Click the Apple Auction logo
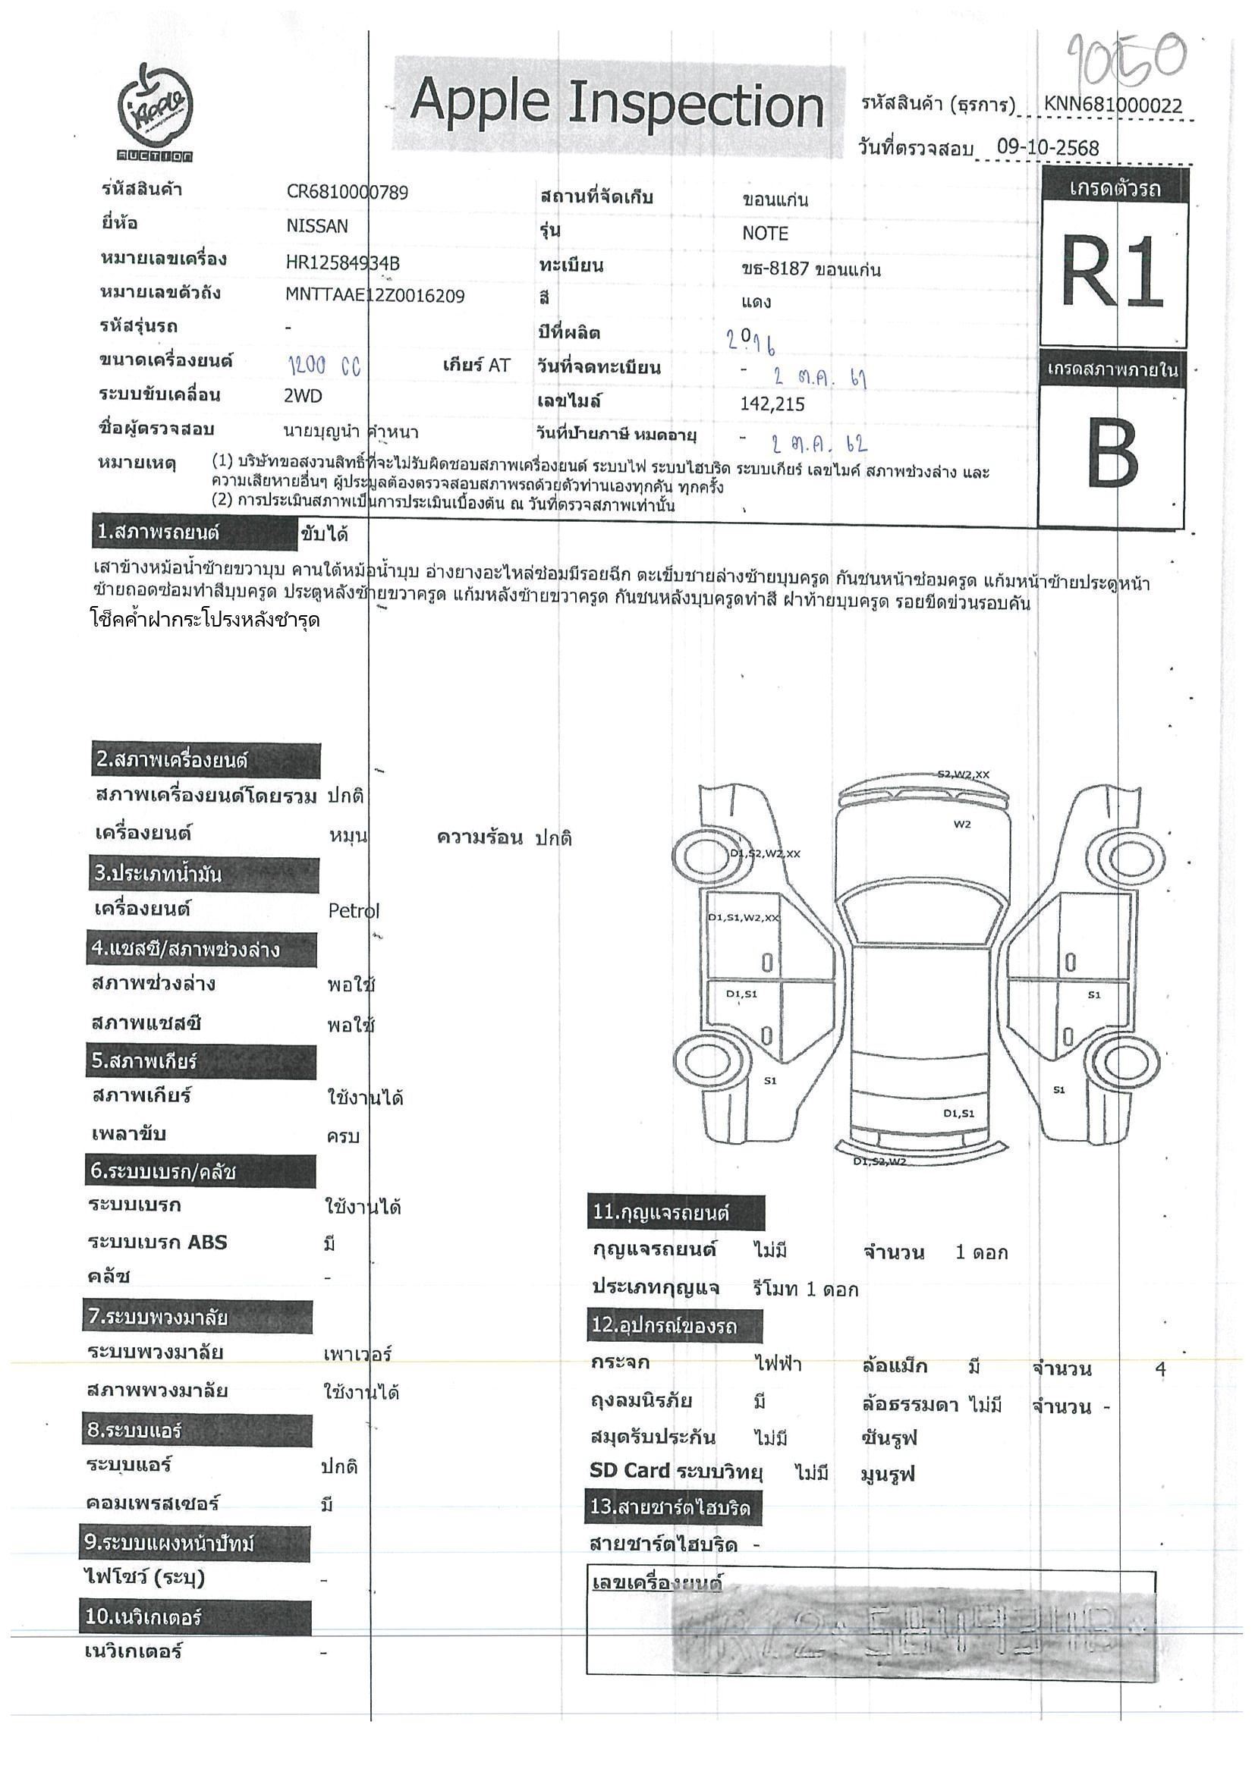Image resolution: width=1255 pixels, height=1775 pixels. pos(155,112)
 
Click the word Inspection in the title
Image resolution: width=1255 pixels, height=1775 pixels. pos(696,106)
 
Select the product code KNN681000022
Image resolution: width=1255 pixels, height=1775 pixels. pos(1112,105)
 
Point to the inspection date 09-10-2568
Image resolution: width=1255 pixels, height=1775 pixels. pos(1047,148)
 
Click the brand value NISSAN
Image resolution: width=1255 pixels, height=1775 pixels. pos(317,226)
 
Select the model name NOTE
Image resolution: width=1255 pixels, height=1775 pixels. pos(765,234)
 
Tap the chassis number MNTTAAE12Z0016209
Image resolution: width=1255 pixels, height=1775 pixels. pos(375,296)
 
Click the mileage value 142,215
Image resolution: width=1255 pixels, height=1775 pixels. pos(772,404)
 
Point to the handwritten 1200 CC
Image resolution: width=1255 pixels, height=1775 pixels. pos(324,366)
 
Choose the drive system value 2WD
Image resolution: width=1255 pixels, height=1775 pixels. pos(303,396)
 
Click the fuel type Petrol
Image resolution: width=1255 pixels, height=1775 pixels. pos(354,911)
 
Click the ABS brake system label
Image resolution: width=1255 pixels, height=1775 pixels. pos(157,1242)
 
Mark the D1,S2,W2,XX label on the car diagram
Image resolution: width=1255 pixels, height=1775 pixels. pos(765,853)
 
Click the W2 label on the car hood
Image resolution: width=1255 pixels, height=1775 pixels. pos(961,824)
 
